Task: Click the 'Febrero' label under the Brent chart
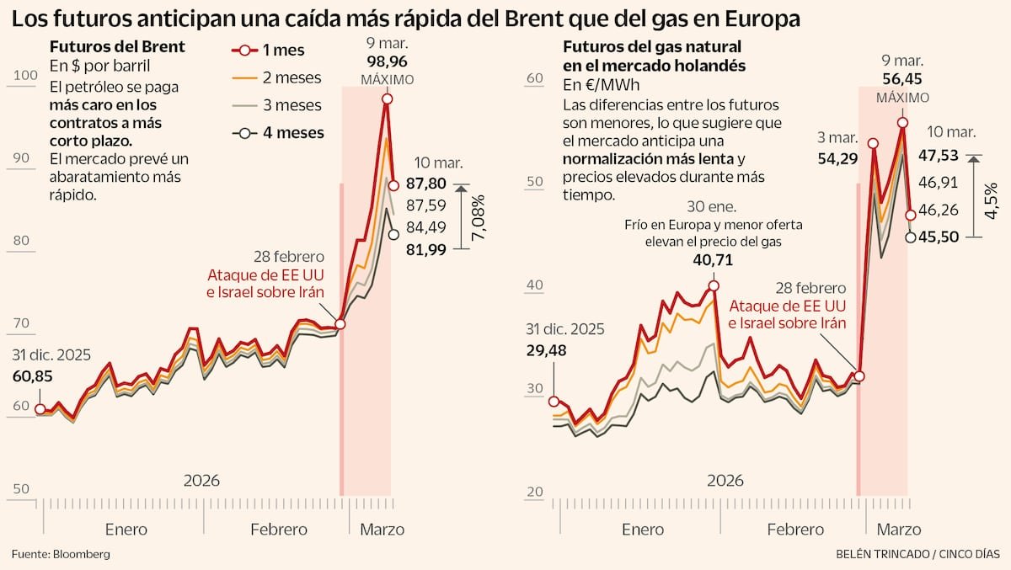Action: coord(279,530)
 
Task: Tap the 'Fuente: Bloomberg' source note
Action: coord(61,554)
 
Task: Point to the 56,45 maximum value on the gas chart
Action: coord(902,79)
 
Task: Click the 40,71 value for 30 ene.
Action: coord(713,260)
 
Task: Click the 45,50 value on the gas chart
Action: coord(939,237)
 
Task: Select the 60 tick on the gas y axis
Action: coord(532,78)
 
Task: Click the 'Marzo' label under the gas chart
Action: coord(898,530)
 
